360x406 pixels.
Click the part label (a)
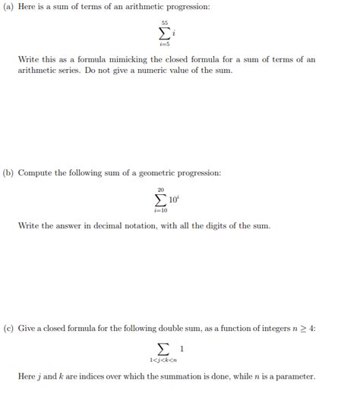[x=8, y=7]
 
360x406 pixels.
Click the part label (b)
[x=8, y=173]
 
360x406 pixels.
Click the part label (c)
[x=8, y=329]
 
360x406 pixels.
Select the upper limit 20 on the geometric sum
[x=161, y=190]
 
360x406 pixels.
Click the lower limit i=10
[x=161, y=210]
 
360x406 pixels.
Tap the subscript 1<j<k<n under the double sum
[x=163, y=360]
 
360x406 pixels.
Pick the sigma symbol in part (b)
[x=159, y=200]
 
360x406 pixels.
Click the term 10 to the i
[x=173, y=200]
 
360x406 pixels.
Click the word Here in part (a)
[x=28, y=7]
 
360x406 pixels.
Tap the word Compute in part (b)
[x=35, y=173]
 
